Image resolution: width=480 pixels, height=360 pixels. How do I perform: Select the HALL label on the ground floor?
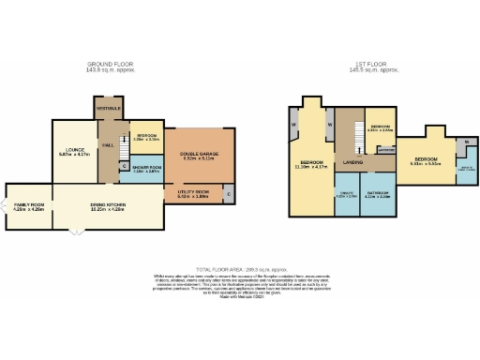click(x=108, y=145)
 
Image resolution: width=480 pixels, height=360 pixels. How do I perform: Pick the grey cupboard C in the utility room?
click(x=229, y=194)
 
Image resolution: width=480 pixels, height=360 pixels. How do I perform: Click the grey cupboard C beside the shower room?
click(x=125, y=166)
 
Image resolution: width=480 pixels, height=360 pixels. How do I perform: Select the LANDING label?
click(x=352, y=162)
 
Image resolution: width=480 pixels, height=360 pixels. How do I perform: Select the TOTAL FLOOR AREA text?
click(x=238, y=268)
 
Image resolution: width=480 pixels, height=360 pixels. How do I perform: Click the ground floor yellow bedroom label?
click(x=145, y=138)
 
